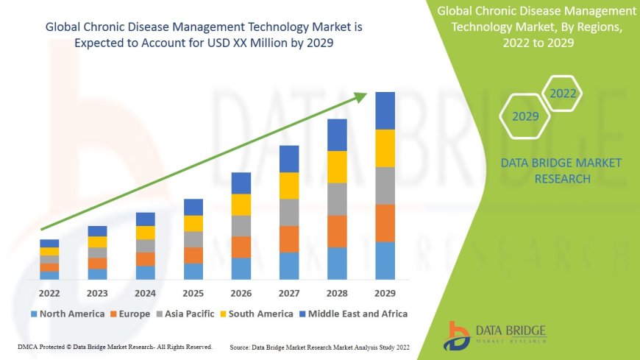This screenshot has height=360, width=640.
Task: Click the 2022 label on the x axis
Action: click(x=49, y=292)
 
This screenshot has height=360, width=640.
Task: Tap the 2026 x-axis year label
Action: click(x=241, y=292)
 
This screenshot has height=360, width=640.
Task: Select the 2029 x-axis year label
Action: click(x=385, y=292)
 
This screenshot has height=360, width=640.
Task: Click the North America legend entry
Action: click(x=67, y=314)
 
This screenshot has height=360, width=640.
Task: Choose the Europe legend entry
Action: click(x=134, y=314)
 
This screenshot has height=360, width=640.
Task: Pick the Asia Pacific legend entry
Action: click(x=187, y=314)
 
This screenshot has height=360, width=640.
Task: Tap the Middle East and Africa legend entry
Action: click(x=355, y=314)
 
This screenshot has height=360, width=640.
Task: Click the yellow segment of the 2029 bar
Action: click(x=385, y=148)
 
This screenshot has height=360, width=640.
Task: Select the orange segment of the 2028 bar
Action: click(x=337, y=231)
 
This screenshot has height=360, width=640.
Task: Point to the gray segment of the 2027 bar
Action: click(x=288, y=212)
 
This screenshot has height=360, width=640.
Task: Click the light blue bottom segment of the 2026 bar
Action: click(x=241, y=269)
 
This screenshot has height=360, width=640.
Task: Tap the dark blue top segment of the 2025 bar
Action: click(x=193, y=207)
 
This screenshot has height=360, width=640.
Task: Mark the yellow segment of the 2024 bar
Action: click(x=145, y=233)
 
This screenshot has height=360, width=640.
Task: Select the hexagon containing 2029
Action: click(x=525, y=116)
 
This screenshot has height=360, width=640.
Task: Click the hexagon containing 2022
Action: click(x=563, y=93)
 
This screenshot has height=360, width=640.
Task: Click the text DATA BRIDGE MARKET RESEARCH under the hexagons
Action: click(x=561, y=171)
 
